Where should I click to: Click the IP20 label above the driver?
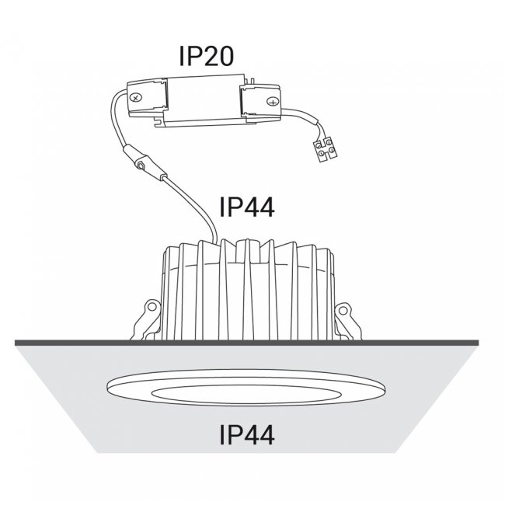point(206,56)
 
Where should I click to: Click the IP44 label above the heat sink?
point(247,207)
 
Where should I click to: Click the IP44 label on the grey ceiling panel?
point(247,435)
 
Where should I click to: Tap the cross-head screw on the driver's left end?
point(136,98)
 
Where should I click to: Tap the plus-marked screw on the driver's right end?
point(273,102)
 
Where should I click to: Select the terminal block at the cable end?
point(325,150)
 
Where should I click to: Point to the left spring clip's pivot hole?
point(153,307)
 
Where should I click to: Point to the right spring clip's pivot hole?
point(343,311)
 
